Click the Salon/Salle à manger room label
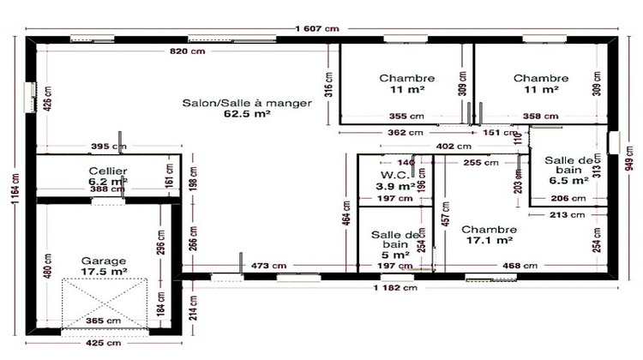tap(246, 107)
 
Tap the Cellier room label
tap(108, 177)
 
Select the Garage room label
tap(105, 266)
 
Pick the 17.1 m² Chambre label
tap(489, 235)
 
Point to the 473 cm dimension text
tap(261, 267)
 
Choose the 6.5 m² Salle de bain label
tap(568, 171)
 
